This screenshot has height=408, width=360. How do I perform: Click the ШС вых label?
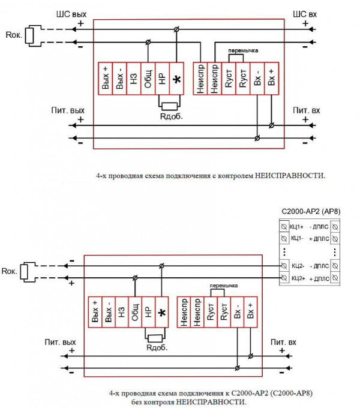point(67,13)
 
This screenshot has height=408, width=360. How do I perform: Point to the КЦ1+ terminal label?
point(296,227)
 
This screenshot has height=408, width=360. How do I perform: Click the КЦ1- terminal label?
point(296,238)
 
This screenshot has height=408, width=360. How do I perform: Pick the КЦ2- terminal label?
point(297,265)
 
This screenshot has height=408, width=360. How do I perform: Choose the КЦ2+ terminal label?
point(297,278)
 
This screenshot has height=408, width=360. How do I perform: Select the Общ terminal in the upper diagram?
point(148,79)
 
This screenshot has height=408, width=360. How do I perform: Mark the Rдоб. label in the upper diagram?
point(171,116)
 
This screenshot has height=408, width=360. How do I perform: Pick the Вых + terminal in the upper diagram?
point(104,79)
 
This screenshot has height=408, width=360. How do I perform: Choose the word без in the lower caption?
point(139,401)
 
